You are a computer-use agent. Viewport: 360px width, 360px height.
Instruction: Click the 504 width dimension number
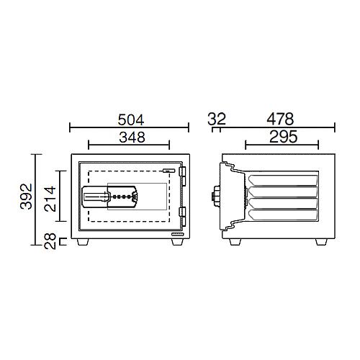[131, 120]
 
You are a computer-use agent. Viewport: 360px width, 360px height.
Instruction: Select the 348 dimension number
[132, 138]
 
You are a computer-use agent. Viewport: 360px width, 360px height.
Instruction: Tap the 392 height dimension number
[26, 197]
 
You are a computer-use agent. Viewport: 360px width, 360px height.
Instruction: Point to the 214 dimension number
[50, 199]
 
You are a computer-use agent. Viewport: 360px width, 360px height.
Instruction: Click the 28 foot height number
[50, 241]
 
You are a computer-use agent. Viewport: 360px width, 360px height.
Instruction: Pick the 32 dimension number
[217, 119]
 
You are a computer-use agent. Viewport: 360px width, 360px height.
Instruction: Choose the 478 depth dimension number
[280, 119]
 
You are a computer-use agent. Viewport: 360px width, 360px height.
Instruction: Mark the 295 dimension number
[284, 137]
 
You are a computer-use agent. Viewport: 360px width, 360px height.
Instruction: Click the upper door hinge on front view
[182, 176]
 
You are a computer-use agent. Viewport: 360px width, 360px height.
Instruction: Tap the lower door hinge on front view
[182, 217]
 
